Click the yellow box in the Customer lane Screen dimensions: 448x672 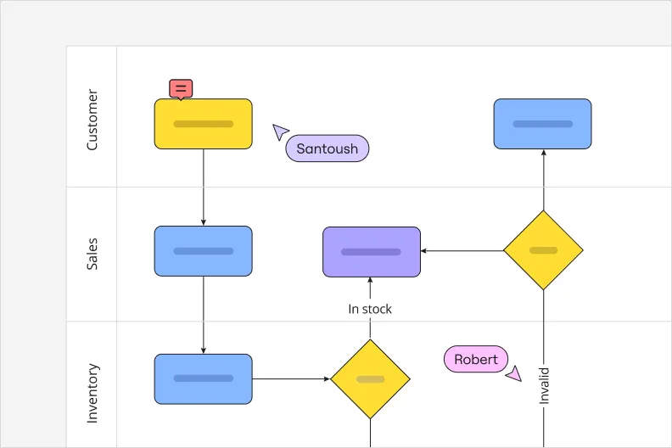(x=203, y=124)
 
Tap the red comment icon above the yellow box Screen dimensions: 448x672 (x=181, y=88)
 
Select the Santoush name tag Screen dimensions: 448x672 (x=327, y=148)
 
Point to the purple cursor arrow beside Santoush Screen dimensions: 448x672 (x=280, y=132)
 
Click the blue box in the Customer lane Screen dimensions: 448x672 (x=542, y=124)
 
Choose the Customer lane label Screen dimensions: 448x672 (x=92, y=120)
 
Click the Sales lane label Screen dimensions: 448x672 (x=92, y=254)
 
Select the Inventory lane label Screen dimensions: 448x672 (x=92, y=393)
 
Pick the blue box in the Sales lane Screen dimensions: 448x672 (x=203, y=251)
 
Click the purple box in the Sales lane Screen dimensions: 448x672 (x=372, y=252)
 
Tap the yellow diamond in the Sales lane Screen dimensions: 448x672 (x=543, y=250)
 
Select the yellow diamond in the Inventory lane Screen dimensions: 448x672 (x=370, y=378)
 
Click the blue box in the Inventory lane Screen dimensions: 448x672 (x=203, y=378)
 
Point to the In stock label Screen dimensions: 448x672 (x=370, y=309)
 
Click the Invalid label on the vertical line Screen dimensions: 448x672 (x=544, y=384)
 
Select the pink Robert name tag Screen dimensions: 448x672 (x=475, y=359)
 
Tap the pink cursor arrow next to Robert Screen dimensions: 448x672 (x=513, y=373)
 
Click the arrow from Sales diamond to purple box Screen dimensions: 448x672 (x=462, y=250)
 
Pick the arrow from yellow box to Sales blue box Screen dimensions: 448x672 (x=204, y=188)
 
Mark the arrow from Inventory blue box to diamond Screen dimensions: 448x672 (x=291, y=378)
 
